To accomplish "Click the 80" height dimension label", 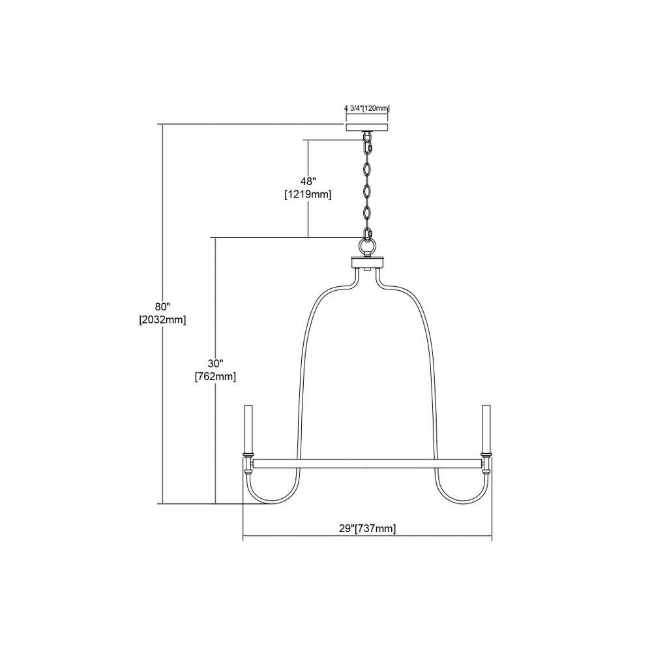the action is [x=163, y=307].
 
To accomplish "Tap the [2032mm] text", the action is [x=162, y=320].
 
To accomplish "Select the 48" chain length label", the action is [x=308, y=181].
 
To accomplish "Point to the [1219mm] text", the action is [x=308, y=194].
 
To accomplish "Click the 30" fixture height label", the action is [x=216, y=363].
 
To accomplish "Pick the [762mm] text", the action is [x=215, y=377].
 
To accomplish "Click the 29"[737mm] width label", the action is [x=367, y=529].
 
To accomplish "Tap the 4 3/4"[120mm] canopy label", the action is [x=366, y=108].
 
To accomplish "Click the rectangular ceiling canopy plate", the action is [x=366, y=127].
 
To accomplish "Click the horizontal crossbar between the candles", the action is [x=367, y=464].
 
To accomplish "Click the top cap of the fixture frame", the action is [x=367, y=263].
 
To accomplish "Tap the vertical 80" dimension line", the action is [x=162, y=314].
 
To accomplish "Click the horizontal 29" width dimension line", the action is [x=367, y=535].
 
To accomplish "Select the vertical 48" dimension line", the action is [x=308, y=188].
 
